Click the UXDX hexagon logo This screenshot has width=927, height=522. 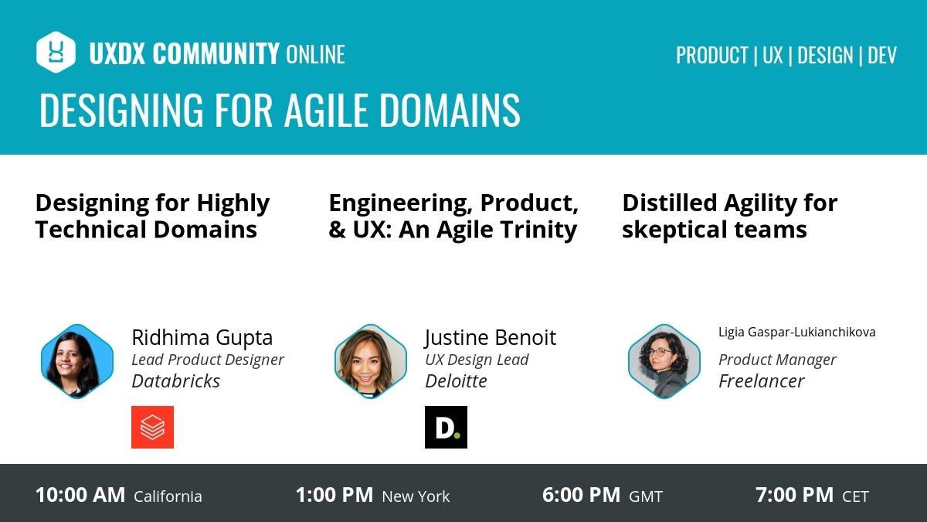[x=56, y=52]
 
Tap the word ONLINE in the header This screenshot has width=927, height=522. [x=315, y=54]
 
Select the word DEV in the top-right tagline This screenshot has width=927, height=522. [x=882, y=55]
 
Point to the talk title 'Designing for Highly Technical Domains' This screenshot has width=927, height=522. [x=152, y=216]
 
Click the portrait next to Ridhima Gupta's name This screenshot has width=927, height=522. [x=77, y=361]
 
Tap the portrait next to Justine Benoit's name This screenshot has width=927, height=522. [x=371, y=361]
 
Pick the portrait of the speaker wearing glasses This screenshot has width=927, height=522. [x=664, y=361]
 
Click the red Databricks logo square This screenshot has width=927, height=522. [x=152, y=427]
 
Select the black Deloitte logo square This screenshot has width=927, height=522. [x=446, y=427]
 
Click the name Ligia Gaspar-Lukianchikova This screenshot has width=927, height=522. [x=796, y=332]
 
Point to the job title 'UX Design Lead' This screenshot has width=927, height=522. [x=477, y=360]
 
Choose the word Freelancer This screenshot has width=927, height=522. [x=761, y=380]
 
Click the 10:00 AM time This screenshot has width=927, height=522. [x=80, y=495]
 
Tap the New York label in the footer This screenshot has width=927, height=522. [x=416, y=496]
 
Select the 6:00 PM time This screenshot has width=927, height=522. [x=581, y=495]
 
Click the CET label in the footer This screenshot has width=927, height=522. [x=855, y=496]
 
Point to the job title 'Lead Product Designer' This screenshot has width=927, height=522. [x=207, y=360]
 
